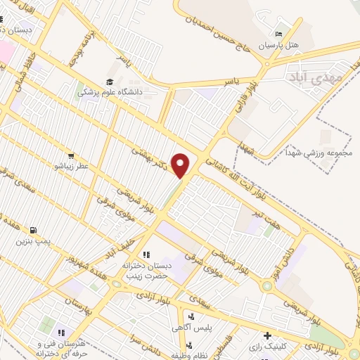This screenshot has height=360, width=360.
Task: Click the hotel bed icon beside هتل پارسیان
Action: (279, 34)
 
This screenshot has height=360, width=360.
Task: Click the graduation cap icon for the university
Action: (109, 81)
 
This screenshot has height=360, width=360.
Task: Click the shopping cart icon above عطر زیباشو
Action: (70, 155)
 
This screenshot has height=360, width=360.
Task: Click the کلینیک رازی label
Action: (266, 346)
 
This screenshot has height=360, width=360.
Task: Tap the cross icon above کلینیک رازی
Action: (266, 335)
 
